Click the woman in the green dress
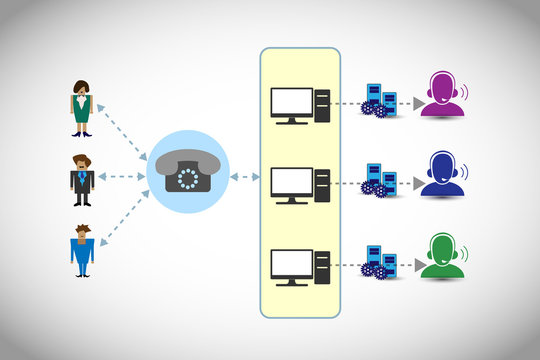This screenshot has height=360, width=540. tap(80, 107)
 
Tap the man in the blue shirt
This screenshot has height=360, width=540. tap(81, 250)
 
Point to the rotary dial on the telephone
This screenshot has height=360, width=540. tap(189, 178)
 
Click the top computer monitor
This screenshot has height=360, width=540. tap(291, 105)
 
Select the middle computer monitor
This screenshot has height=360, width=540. tap(291, 184)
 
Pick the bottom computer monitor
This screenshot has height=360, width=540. tap(291, 266)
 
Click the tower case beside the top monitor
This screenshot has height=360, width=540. tap(322, 105)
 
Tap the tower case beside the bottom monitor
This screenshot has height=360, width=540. tap(322, 266)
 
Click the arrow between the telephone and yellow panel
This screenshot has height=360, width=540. tap(244, 177)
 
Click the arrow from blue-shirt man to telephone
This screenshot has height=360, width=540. tap(124, 221)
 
